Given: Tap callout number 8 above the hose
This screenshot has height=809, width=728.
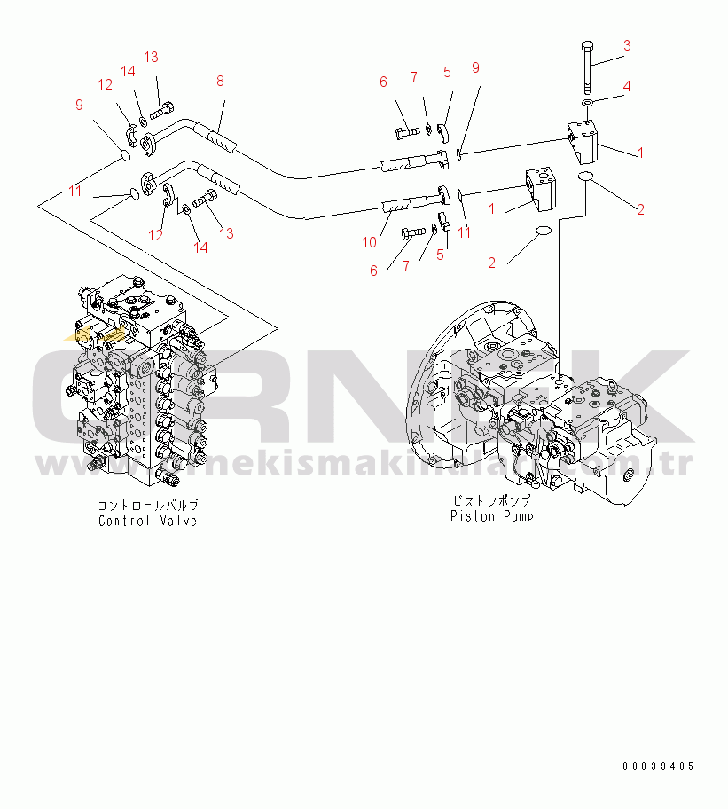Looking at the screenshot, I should [x=220, y=81].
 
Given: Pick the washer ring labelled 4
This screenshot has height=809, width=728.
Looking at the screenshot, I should [x=587, y=103].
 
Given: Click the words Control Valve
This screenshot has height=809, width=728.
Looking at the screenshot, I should [x=147, y=521].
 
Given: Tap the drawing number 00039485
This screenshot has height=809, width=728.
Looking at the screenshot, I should [x=657, y=766].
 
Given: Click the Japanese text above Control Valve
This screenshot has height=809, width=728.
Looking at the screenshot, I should [x=147, y=505].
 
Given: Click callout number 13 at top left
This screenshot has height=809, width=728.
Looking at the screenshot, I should [x=151, y=57].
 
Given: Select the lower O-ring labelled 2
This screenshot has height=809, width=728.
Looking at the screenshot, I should [x=543, y=232].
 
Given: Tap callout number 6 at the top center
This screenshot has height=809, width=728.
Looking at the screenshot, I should [x=383, y=82].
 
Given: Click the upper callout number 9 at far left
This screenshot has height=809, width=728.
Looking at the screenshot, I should [x=79, y=105].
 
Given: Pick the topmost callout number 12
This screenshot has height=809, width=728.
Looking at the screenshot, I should [x=106, y=85].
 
